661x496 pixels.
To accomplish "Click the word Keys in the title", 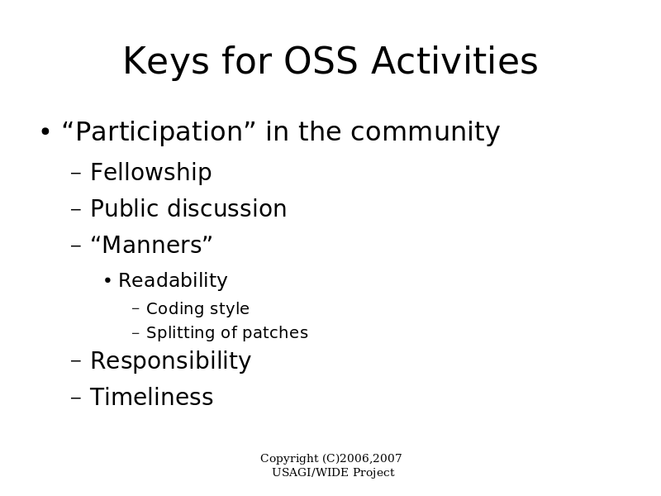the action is click(166, 62).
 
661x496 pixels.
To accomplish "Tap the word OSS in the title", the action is click(321, 60).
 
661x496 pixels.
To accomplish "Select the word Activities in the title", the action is click(454, 60).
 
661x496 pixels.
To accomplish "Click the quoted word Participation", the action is click(159, 132).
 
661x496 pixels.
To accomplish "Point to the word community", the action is click(426, 132).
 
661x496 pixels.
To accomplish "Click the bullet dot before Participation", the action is click(45, 131).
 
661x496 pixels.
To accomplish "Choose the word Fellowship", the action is click(151, 172).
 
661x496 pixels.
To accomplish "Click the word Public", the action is click(126, 208).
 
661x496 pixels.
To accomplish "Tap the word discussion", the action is click(227, 208).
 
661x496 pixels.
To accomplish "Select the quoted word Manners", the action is click(152, 245).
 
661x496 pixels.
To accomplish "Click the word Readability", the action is click(173, 280).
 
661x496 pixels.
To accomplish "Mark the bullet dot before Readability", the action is click(107, 280).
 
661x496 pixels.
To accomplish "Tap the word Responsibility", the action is click(171, 361).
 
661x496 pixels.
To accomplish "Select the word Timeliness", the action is click(152, 397).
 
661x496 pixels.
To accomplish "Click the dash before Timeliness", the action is click(76, 398).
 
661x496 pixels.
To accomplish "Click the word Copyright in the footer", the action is click(290, 459).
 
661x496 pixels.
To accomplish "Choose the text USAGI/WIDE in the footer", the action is click(311, 472).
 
